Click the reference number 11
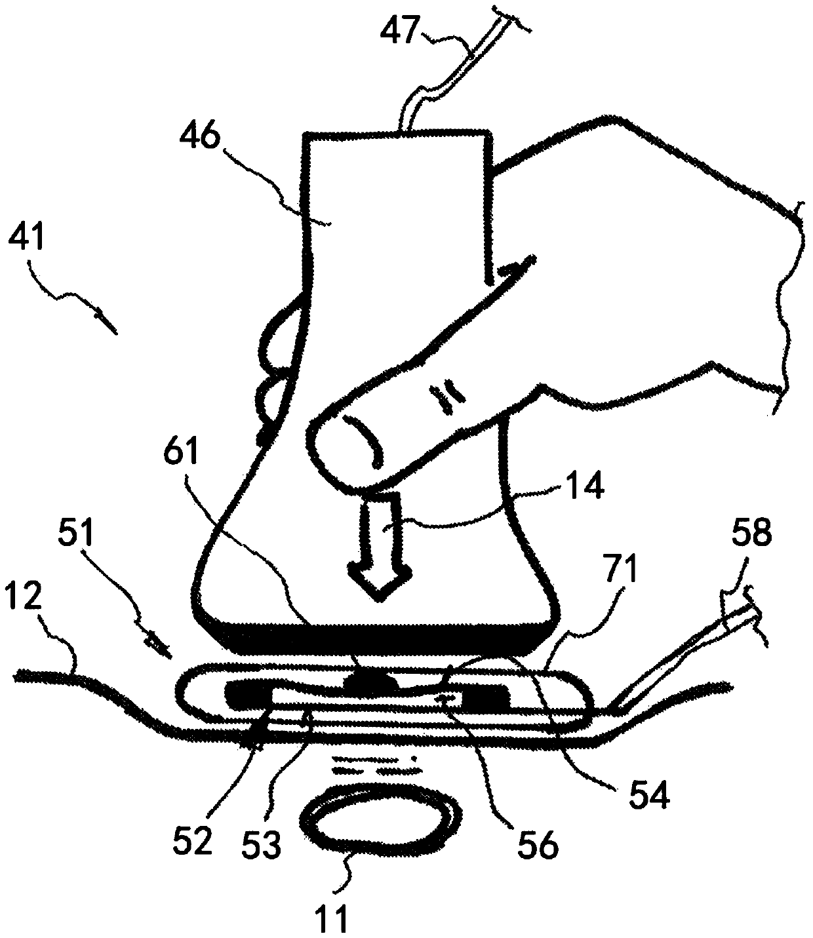(334, 917)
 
